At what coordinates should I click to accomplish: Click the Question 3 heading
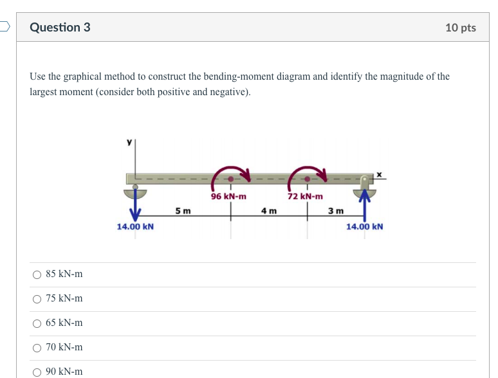coord(60,27)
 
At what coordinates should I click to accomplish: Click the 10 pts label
coord(460,28)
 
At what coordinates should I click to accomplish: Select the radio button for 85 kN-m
coord(37,274)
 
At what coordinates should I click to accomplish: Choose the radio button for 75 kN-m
coord(37,299)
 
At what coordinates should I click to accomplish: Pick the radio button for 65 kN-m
coord(37,323)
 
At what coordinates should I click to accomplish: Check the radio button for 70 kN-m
coord(37,348)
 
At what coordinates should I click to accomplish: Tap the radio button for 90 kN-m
coord(37,372)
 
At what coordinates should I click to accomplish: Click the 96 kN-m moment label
coord(228,196)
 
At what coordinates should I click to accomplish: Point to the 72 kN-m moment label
coord(305,196)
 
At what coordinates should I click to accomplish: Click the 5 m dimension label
coord(183,210)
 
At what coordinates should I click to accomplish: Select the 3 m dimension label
coord(335,210)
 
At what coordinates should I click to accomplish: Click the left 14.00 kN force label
coord(135,226)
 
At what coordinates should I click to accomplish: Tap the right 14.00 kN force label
coord(364,226)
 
